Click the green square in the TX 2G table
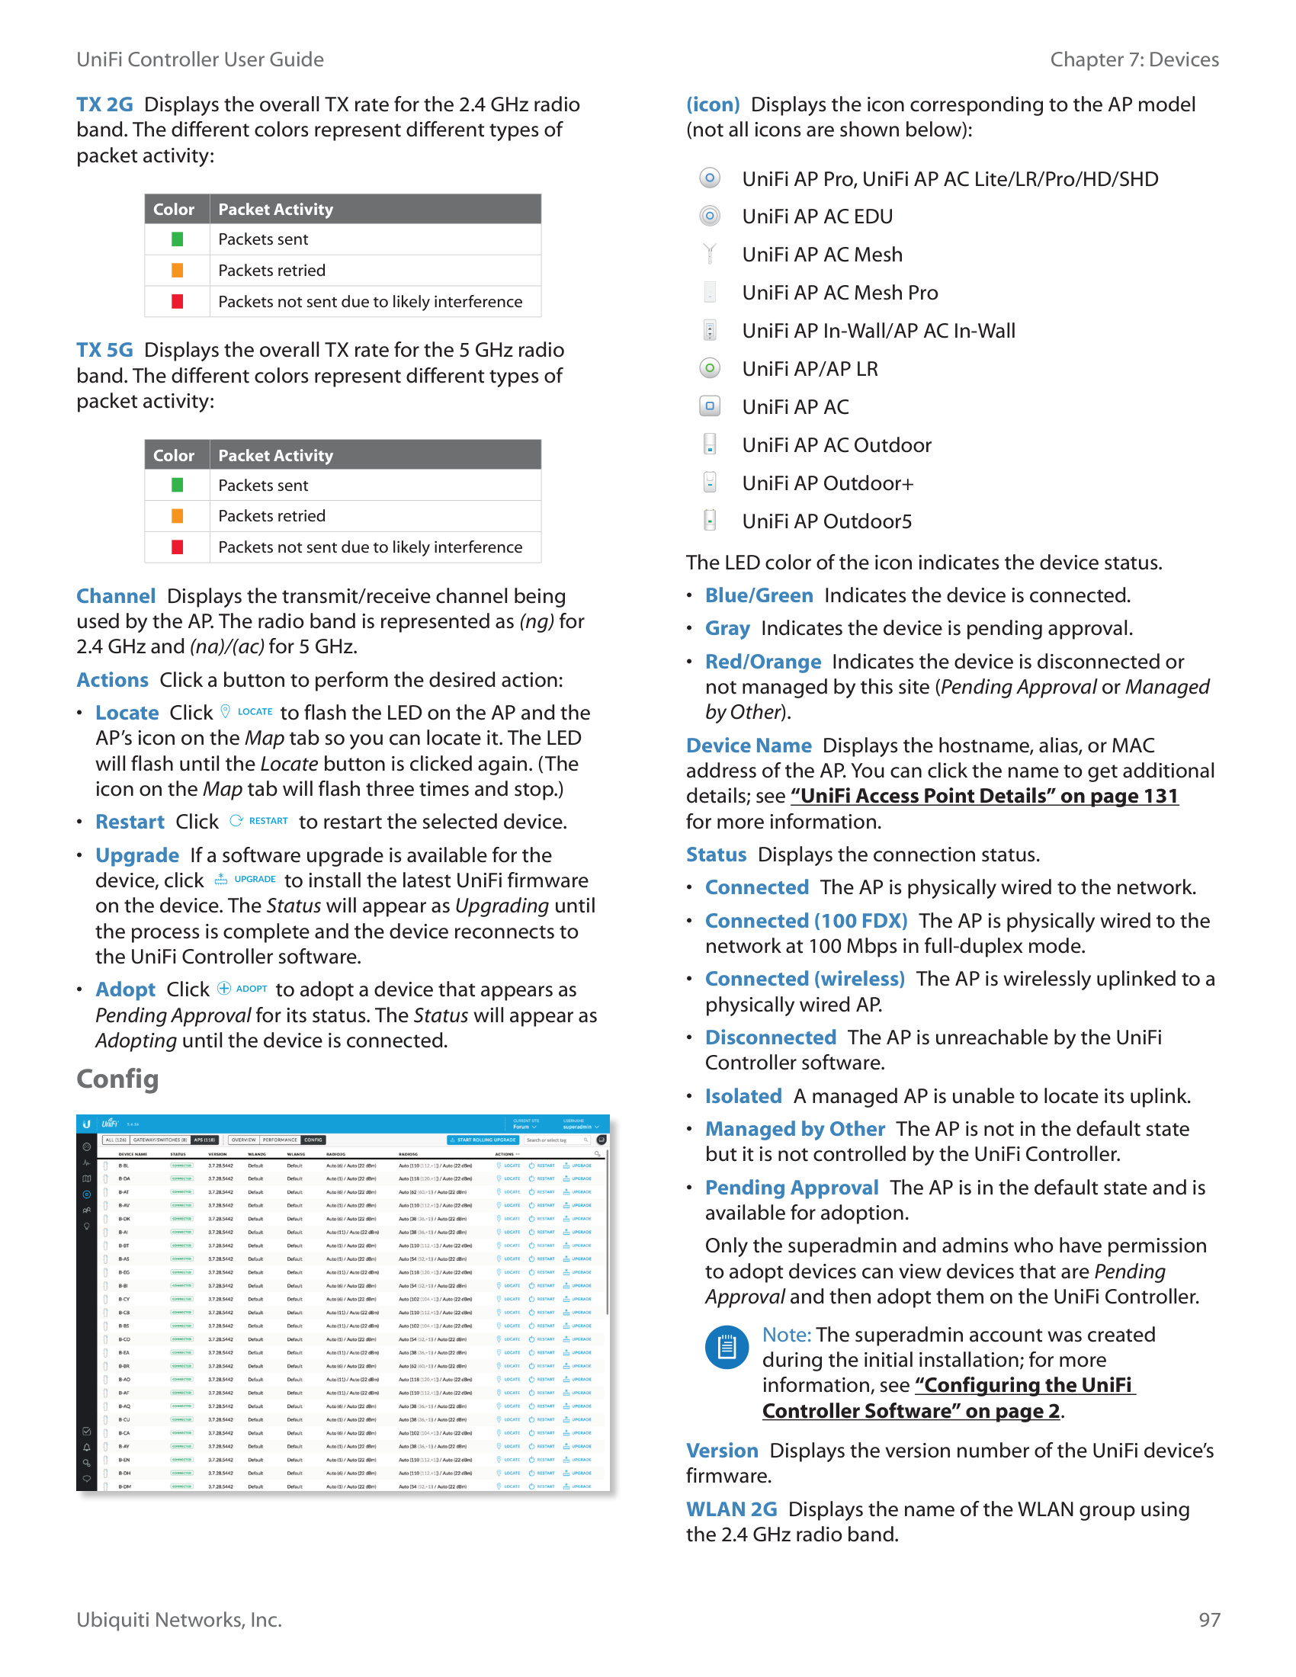178,239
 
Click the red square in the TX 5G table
178,547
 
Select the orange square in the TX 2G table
178,271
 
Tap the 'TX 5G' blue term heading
104,350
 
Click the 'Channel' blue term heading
116,596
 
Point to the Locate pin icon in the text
225,712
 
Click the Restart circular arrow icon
236,821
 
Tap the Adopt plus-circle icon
224,989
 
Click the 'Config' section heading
117,1079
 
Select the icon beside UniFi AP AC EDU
711,216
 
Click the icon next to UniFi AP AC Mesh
711,254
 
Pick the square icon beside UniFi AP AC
711,406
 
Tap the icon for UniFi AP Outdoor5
711,521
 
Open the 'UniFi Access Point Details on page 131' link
984,797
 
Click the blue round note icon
727,1347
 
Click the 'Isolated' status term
743,1095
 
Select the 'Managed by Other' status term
794,1129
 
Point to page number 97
1209,1619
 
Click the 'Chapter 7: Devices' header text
1134,59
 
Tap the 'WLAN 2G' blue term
731,1509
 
